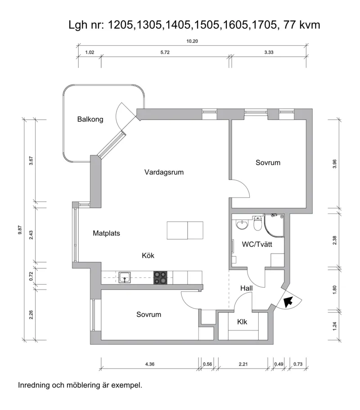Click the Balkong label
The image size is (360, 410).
coord(90,120)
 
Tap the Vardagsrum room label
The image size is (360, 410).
coord(164,172)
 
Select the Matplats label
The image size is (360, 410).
coord(106,233)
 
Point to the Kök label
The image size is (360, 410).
coord(148,255)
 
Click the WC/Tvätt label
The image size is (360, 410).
coord(257,245)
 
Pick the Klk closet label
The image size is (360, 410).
coord(242,322)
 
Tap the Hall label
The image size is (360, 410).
coord(246,289)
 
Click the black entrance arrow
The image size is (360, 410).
coord(288,302)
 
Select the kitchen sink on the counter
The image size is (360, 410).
coord(125,277)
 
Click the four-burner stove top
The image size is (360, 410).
coord(160,278)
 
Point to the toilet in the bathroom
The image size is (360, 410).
coord(258,223)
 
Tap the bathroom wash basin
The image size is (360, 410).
coord(242,224)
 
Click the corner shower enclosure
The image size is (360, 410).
coord(274,226)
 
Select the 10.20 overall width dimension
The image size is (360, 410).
coord(192,41)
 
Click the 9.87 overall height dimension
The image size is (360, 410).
coord(20,230)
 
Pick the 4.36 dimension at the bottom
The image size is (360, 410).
coord(150,364)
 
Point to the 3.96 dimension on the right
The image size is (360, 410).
coord(334,164)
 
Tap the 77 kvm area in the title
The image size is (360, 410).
coord(301,25)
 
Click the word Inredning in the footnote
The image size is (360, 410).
coord(34,385)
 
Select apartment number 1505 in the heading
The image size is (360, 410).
coord(206,25)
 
